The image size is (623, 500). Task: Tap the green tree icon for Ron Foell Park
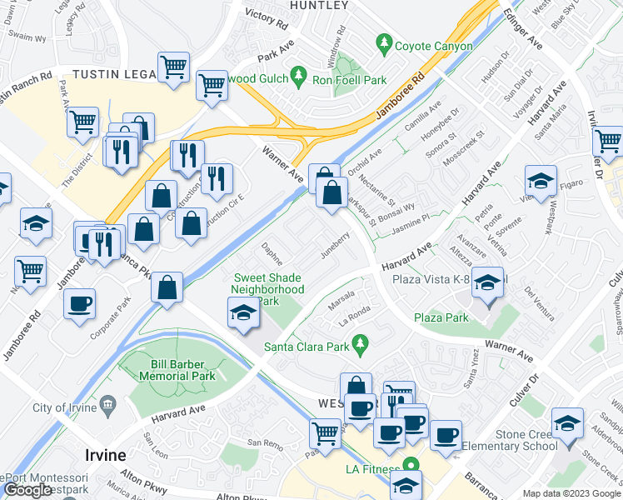[x=300, y=80]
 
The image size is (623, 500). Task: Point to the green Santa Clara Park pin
[x=360, y=342]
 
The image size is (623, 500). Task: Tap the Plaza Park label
[x=441, y=317]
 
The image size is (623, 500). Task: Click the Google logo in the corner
[x=27, y=489]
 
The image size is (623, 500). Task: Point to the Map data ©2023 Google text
[x=571, y=493]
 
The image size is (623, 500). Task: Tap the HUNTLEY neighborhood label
[x=318, y=6]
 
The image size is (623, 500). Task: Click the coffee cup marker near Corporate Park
[x=79, y=304]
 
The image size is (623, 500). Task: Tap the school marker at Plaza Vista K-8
[x=487, y=283]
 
